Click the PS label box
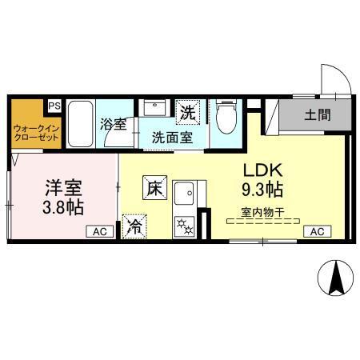pos(54,106)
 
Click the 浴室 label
pos(113,125)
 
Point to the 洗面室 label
pos(172,136)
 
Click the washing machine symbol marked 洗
pos(188,113)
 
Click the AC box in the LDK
pos(315,231)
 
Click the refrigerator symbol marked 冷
pos(134,226)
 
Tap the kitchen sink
pos(187,194)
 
